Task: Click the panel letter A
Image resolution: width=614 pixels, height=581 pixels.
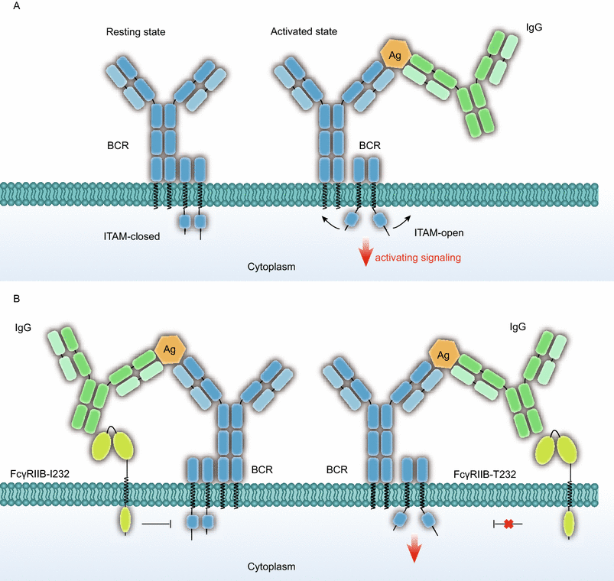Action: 6,7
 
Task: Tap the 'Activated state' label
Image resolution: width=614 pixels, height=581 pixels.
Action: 304,31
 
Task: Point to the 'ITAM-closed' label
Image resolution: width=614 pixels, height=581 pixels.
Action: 132,236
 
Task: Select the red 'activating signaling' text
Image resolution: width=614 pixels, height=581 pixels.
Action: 417,258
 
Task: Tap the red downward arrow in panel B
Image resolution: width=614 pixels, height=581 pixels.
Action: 413,549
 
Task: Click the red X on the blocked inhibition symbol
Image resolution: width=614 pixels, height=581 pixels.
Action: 507,524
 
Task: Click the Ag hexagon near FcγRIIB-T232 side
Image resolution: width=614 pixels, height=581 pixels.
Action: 441,353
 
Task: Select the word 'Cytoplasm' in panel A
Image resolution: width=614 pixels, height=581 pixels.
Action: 271,268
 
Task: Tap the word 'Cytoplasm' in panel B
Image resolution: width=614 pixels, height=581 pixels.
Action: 271,566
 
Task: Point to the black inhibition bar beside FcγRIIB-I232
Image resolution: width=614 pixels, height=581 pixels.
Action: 156,524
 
